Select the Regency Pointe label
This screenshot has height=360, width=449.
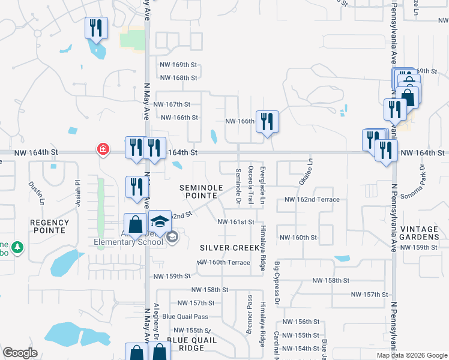[50, 226]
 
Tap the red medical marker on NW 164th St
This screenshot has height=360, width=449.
[103, 149]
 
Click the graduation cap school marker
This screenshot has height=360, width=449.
[160, 222]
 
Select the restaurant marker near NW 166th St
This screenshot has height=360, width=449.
[267, 122]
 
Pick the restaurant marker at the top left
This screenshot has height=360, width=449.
[96, 28]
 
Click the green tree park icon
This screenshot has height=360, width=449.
[18, 247]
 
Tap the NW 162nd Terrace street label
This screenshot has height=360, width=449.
[312, 199]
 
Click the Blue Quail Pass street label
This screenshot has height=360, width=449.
[185, 316]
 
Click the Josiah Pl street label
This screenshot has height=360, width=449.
[77, 191]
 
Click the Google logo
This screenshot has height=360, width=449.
[20, 353]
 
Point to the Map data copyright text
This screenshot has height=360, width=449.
[412, 355]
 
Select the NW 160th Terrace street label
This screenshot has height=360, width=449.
[224, 263]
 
